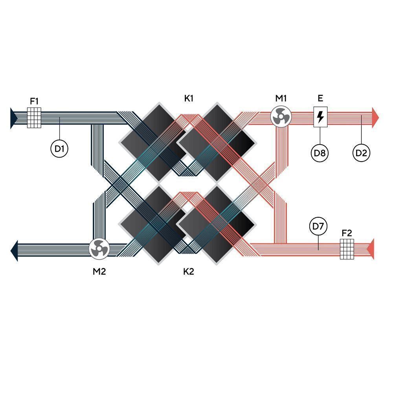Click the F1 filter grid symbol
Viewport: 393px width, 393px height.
[34, 118]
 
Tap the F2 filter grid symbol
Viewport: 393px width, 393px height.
[347, 249]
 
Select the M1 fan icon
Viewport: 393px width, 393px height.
[281, 117]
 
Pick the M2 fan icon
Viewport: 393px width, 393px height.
[99, 249]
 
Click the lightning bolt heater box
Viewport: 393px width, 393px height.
[320, 117]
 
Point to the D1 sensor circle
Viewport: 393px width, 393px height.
[59, 149]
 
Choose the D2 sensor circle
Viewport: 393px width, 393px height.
[361, 152]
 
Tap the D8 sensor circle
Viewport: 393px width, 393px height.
[320, 152]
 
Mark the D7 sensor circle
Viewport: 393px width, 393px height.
[318, 226]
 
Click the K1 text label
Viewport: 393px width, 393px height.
[189, 99]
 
